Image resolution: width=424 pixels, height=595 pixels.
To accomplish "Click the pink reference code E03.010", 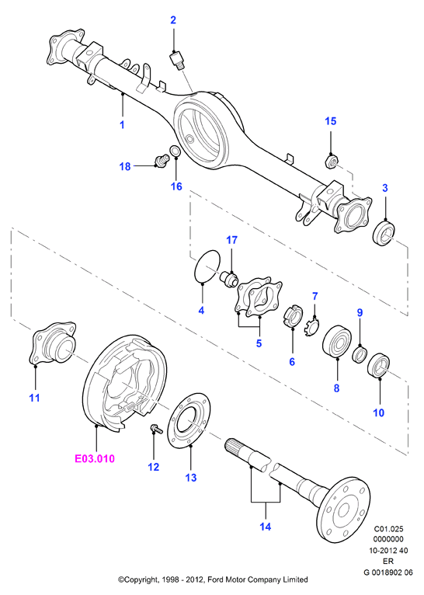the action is click(x=95, y=458).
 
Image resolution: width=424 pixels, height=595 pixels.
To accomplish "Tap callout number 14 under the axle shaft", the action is click(x=266, y=527).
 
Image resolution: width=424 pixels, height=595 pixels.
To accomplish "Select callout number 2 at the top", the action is click(x=173, y=20).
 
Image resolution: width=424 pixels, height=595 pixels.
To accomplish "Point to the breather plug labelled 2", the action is click(x=176, y=60).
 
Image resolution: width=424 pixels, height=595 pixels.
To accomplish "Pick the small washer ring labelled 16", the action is click(x=175, y=151).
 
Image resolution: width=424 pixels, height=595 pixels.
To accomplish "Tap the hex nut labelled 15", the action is click(x=332, y=162).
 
